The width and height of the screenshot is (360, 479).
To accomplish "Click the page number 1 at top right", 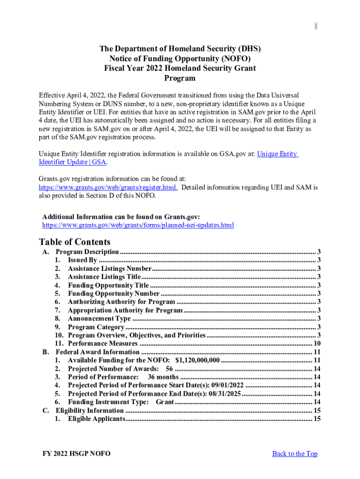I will tap(316, 27).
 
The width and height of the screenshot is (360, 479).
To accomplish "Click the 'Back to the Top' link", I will tap(295, 453).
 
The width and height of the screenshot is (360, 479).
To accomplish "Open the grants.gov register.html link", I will tap(108, 187).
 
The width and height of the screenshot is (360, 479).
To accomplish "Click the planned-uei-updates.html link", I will tap(138, 225).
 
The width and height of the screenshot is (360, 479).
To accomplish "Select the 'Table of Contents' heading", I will tap(75, 242).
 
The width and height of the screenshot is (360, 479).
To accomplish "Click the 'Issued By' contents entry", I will tap(82, 260).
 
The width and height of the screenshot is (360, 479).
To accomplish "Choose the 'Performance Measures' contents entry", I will tap(102, 343).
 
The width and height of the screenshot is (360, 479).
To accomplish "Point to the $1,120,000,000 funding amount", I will tap(197, 360).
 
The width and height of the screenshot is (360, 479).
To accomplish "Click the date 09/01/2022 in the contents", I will tap(227, 385).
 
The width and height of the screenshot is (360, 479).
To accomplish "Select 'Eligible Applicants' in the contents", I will tap(96, 419).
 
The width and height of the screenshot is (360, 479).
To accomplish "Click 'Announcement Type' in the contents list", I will tap(99, 319).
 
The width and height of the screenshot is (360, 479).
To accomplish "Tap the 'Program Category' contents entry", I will tap(96, 327).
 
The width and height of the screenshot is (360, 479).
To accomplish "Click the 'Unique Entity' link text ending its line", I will tap(277, 154).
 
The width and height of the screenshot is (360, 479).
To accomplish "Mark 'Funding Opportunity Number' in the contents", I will tap(114, 293).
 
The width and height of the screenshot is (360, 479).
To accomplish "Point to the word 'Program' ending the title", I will tap(180, 78).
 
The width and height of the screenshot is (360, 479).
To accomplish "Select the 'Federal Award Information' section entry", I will tap(97, 352).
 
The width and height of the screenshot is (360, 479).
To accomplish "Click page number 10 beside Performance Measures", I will tap(316, 343).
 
